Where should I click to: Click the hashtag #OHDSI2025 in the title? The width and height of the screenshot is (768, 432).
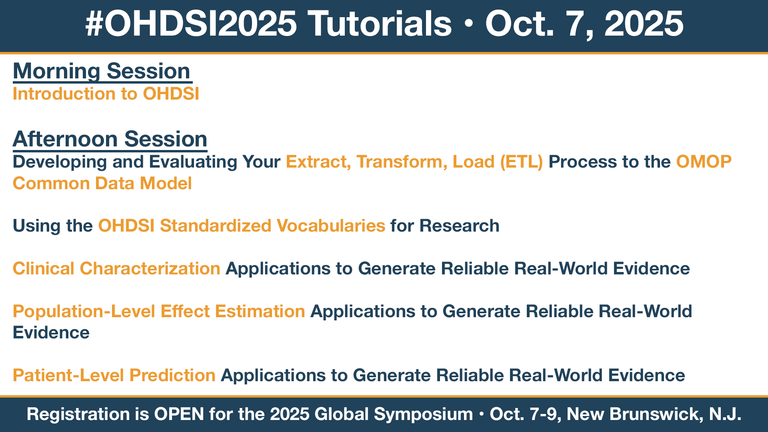191,24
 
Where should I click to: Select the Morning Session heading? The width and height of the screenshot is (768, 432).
102,71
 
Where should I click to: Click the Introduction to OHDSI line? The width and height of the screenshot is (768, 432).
106,94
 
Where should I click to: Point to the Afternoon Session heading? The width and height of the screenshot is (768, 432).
110,139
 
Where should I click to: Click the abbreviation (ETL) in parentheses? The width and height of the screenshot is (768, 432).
522,162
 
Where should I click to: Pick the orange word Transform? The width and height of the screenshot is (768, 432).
402,162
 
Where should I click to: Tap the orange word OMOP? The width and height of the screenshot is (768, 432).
704,162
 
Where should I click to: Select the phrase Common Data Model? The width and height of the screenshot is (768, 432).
102,183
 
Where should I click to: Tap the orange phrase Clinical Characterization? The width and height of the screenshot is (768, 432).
116,268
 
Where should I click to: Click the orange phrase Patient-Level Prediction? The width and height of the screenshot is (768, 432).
114,375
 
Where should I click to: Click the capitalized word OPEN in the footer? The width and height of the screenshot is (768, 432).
179,414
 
